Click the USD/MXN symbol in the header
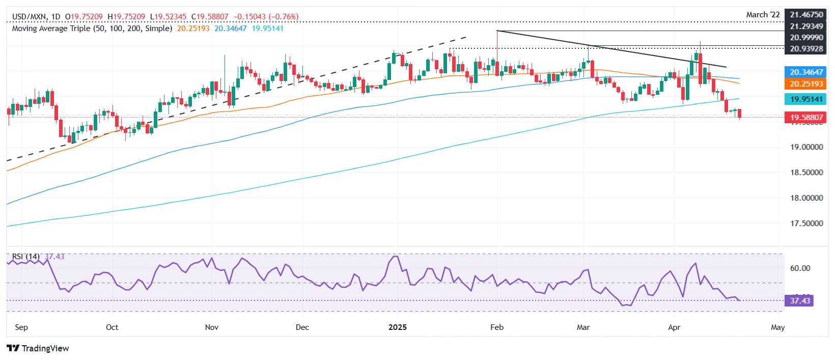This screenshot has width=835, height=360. [x=29, y=16]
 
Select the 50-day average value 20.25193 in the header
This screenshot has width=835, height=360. [x=193, y=29]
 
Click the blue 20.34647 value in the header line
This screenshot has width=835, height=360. [x=230, y=29]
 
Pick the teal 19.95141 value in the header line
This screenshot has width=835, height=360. [x=268, y=29]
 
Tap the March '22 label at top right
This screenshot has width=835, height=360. [x=763, y=15]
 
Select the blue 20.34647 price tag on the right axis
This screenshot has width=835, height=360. [x=806, y=72]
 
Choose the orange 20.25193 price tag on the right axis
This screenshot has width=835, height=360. [x=806, y=84]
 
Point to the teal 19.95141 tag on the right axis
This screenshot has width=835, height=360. [x=806, y=99]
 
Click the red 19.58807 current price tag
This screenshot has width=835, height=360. [x=806, y=118]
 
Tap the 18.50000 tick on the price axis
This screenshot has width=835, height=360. [x=806, y=173]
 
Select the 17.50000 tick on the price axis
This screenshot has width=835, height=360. [x=806, y=224]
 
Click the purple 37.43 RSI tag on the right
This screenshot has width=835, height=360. [x=799, y=301]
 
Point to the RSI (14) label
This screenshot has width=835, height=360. [x=25, y=257]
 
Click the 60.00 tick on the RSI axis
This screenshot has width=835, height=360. [x=800, y=268]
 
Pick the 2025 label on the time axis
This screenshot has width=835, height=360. [x=398, y=327]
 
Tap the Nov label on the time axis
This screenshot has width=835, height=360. [x=212, y=327]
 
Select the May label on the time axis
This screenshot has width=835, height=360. [x=777, y=327]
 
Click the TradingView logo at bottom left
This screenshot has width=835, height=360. [x=38, y=348]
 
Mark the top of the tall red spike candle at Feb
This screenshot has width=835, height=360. [x=497, y=31]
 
